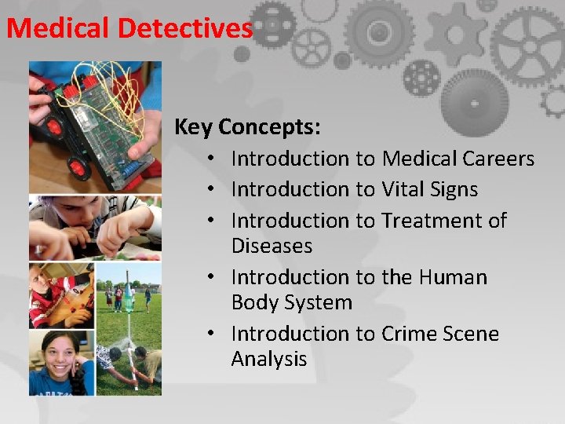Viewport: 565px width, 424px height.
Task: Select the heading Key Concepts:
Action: coord(246,126)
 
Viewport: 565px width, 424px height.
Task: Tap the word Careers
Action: coord(498,159)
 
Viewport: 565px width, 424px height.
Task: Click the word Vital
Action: coord(405,189)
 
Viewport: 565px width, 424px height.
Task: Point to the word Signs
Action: coord(455,189)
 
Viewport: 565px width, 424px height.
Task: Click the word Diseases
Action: coord(272,246)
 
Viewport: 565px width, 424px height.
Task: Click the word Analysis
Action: coord(268,359)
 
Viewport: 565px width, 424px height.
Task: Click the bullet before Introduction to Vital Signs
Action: coord(213,190)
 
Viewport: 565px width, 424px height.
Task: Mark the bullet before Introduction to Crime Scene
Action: coord(213,334)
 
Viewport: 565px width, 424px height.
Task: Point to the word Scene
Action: coord(470,334)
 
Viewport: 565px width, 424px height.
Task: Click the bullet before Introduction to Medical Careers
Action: coord(213,159)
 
